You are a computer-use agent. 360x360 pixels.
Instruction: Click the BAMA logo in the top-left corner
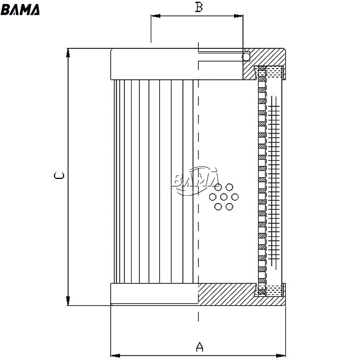pos(20,10)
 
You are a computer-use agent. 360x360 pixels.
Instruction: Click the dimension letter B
pos(199,7)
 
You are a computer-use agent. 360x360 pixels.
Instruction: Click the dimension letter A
pos(200,347)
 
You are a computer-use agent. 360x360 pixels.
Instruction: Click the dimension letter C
pos(59,175)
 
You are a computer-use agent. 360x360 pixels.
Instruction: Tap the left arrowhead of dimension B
pos(155,16)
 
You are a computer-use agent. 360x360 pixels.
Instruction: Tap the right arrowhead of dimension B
pos(238,16)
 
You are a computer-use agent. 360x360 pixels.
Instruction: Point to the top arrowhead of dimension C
pos(68,53)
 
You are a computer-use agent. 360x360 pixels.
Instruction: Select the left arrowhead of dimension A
pos(115,355)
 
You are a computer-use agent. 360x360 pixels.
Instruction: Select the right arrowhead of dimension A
pos(281,355)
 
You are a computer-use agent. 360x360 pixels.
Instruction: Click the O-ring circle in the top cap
pos(246,56)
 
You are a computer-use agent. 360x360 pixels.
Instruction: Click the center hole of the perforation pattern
pos(224,197)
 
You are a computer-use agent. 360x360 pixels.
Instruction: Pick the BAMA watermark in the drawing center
pos(196,181)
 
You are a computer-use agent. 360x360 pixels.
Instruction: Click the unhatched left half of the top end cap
pos(154,64)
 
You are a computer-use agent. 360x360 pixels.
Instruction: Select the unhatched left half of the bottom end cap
pos(154,294)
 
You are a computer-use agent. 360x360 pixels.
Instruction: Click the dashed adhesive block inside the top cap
pos(274,71)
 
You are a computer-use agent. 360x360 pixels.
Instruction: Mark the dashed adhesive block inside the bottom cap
pos(274,291)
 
